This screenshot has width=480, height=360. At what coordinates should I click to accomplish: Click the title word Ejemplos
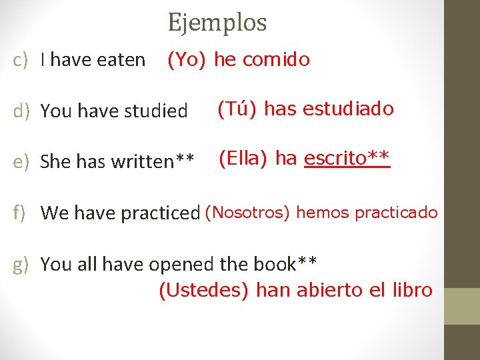click(x=217, y=23)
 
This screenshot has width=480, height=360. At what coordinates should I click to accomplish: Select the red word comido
click(x=276, y=60)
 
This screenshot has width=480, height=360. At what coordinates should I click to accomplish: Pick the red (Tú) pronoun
click(x=238, y=109)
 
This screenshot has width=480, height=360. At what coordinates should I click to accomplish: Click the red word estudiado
click(x=348, y=109)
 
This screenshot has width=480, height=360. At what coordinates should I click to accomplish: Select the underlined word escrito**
click(x=347, y=158)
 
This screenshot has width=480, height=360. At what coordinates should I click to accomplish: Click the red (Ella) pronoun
click(x=243, y=159)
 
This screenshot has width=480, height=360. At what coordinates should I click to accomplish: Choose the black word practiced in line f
click(x=166, y=213)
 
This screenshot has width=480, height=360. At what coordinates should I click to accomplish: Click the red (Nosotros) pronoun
click(x=247, y=213)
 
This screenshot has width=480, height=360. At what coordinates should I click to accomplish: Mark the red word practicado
click(x=397, y=213)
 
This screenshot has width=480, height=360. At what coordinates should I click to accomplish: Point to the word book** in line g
click(x=285, y=264)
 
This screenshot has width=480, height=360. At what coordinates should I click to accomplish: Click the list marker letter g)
click(x=21, y=265)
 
